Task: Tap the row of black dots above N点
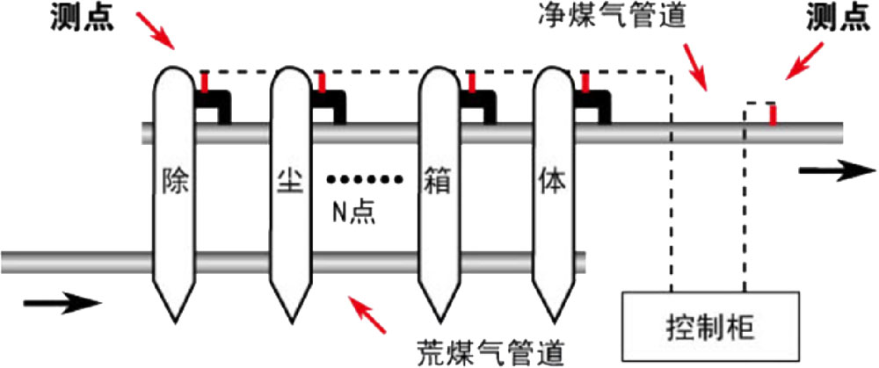click(365, 181)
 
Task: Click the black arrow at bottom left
click(62, 304)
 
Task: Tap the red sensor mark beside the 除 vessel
click(205, 83)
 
